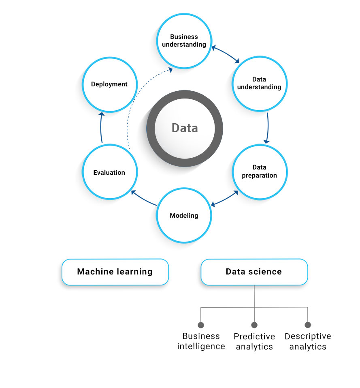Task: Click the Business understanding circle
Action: tap(184, 41)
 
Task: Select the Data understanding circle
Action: tap(259, 83)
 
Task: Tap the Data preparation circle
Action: tap(259, 171)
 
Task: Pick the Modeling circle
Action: tap(184, 215)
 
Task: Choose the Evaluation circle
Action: tap(109, 172)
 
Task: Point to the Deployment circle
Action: tap(109, 84)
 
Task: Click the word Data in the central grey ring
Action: tap(185, 128)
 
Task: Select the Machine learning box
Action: tap(115, 272)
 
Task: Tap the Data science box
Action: tap(254, 272)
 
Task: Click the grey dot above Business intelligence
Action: tap(201, 325)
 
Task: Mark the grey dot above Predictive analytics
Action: tap(254, 325)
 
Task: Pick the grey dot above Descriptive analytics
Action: tap(308, 325)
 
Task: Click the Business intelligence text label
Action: tap(201, 341)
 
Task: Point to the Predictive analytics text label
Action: tap(254, 341)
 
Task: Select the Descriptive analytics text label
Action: tap(308, 341)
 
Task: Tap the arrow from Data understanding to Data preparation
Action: tap(268, 128)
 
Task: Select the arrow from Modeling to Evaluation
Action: tap(144, 198)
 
